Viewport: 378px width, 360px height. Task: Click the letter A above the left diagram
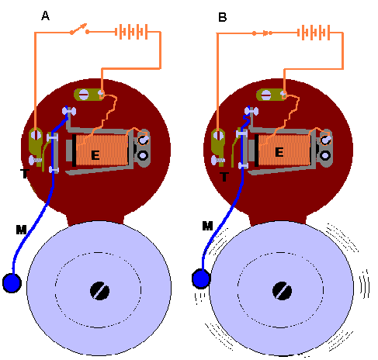pos(45,16)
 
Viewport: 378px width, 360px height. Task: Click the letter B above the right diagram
pos(223,17)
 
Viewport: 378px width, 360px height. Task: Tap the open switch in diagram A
pos(80,29)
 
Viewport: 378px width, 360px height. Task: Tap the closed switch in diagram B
pos(262,33)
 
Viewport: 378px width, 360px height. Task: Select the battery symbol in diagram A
pos(131,32)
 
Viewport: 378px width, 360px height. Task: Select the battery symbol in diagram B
pos(314,33)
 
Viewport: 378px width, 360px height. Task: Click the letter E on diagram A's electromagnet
pos(95,155)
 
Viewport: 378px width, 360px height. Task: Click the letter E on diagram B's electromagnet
pos(279,152)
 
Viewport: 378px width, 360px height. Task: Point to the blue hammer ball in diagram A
pos(12,283)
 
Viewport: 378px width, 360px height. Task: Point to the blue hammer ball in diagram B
pos(201,279)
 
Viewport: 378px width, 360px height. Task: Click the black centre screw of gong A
pos(99,291)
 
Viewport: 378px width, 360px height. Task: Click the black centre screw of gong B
pos(283,291)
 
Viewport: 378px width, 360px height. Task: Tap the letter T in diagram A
pos(25,173)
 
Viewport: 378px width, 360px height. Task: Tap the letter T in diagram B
pos(224,177)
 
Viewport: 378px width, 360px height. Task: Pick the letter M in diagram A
pos(21,230)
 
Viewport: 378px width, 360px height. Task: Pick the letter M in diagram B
pos(207,226)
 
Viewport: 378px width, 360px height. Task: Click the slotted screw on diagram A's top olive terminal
pos(83,95)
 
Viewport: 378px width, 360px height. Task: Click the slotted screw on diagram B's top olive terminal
pos(265,95)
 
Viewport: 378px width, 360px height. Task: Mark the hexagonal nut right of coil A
pos(143,155)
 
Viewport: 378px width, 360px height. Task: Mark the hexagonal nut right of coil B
pos(325,155)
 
